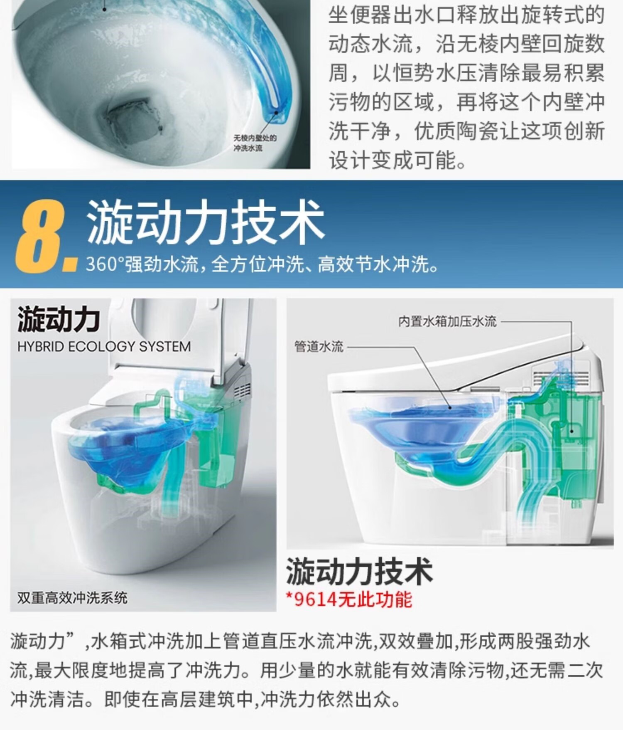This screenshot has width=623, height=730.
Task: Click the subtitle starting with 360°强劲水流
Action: [x=262, y=264]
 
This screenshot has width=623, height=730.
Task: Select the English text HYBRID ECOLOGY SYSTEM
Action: [x=104, y=346]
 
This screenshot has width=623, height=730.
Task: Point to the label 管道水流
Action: [x=319, y=346]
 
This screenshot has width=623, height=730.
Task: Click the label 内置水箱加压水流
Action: [x=447, y=321]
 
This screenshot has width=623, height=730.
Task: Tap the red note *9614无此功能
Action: [x=349, y=599]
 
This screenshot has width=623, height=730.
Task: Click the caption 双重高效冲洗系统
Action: [x=72, y=598]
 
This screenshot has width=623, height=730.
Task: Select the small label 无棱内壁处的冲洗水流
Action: [x=255, y=143]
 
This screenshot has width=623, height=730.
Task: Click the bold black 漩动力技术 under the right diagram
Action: [x=360, y=572]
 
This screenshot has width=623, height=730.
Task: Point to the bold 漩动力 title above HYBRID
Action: [x=59, y=320]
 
